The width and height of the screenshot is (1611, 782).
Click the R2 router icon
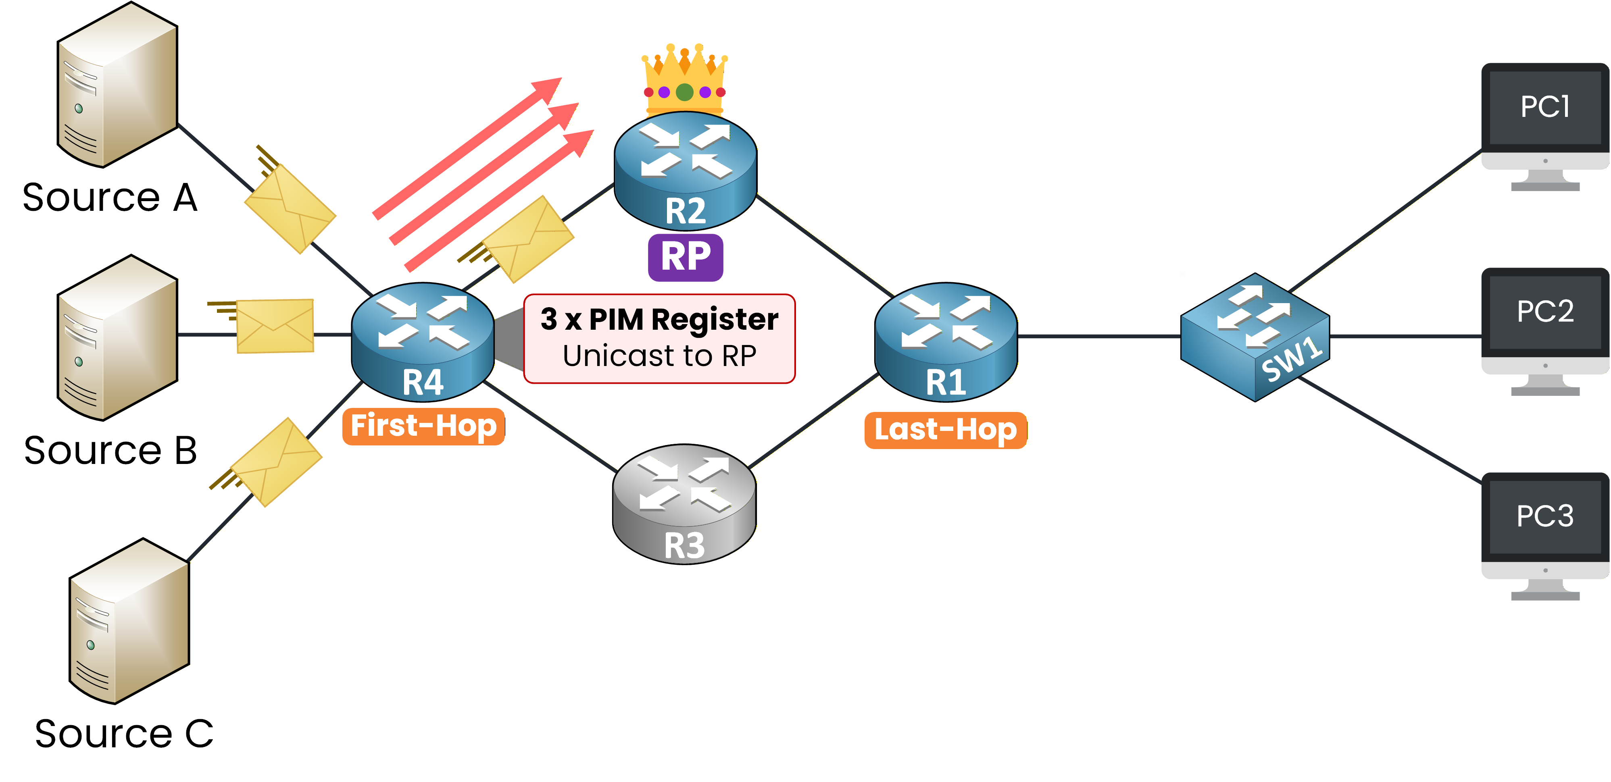[686, 170]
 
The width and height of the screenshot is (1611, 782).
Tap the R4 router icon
[423, 341]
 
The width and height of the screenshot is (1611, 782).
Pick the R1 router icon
[946, 341]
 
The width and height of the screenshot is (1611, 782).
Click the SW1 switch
[1255, 337]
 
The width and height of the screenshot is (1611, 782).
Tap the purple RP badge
[686, 257]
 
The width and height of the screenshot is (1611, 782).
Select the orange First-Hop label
[423, 426]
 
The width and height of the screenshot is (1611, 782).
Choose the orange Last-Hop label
[945, 430]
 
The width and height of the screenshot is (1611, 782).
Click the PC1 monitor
[1545, 125]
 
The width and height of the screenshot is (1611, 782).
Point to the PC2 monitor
[1545, 330]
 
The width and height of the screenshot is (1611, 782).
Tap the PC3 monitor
[1545, 535]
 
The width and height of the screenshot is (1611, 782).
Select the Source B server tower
[118, 337]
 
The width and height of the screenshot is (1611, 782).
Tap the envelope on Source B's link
[275, 326]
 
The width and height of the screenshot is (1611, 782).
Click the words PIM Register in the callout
[684, 319]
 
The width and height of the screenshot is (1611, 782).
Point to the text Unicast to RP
[659, 356]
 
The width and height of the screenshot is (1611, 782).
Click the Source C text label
[124, 733]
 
